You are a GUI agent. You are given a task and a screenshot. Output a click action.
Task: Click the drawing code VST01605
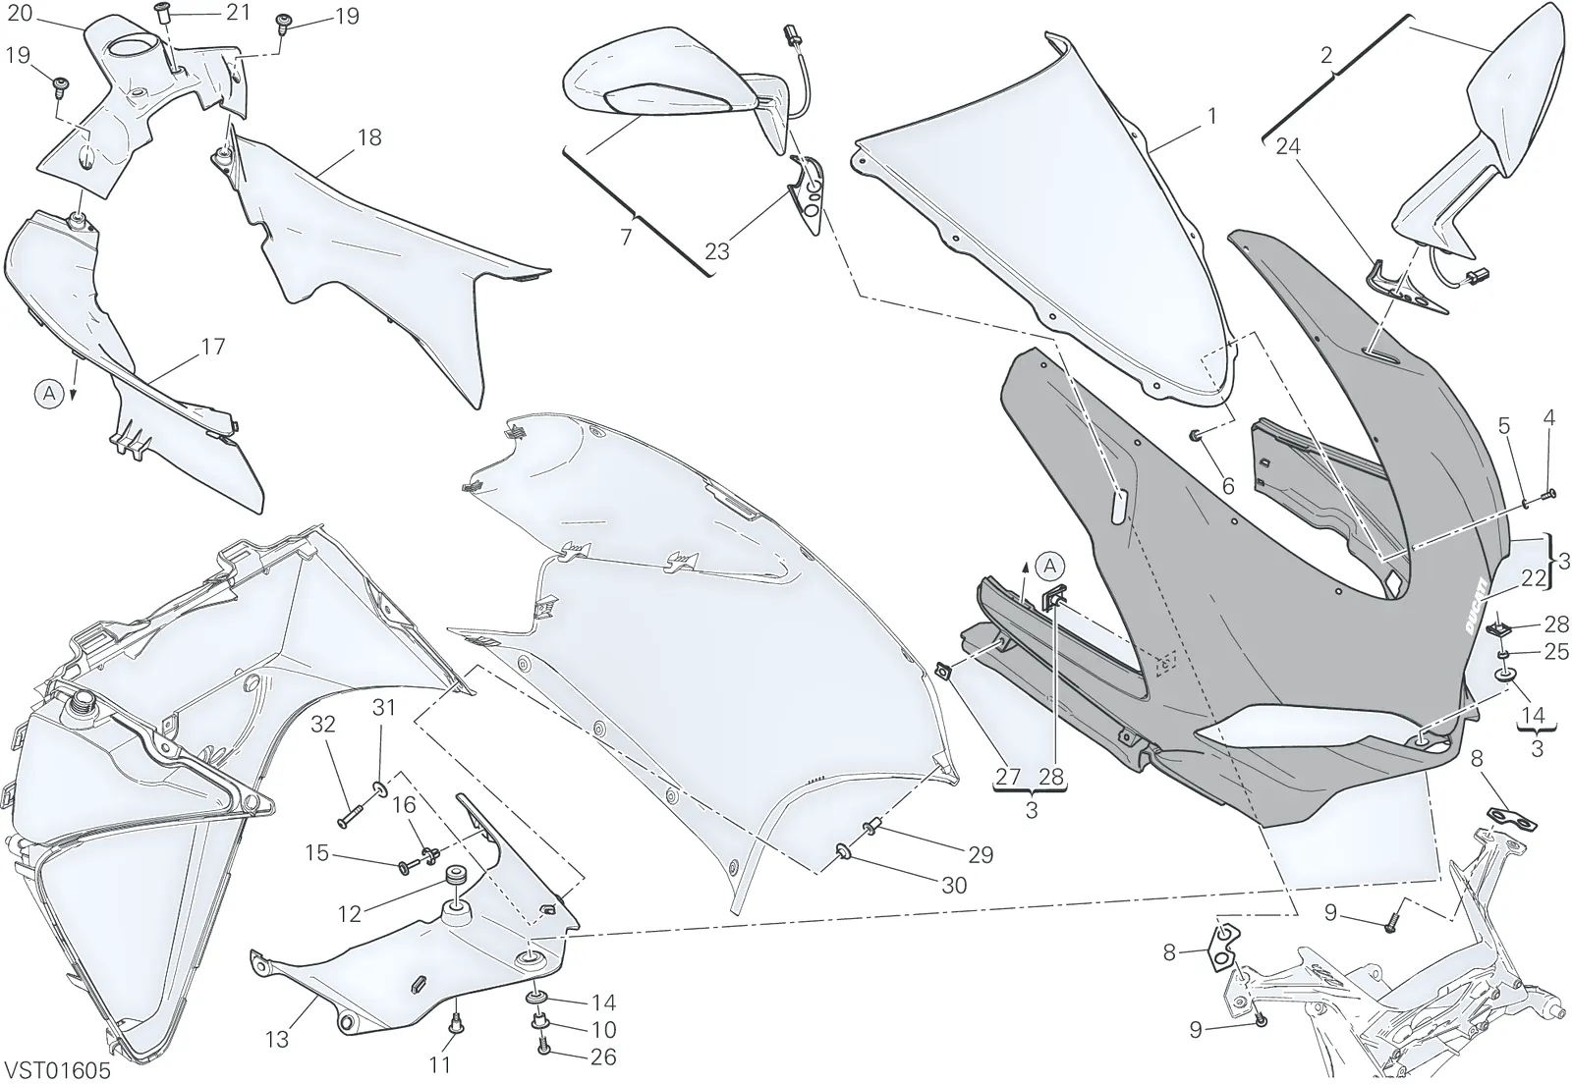(58, 1070)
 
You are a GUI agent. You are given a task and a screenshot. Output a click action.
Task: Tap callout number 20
(20, 13)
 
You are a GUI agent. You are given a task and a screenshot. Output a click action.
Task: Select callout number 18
(369, 137)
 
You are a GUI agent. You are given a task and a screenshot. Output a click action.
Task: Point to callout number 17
(212, 347)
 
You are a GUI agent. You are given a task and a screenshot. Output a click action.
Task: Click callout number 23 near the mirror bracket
(717, 251)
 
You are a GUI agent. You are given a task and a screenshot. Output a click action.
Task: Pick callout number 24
(1288, 146)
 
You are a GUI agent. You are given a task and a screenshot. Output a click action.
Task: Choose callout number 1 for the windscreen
(1211, 116)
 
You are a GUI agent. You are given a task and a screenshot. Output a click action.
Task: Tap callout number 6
(1228, 485)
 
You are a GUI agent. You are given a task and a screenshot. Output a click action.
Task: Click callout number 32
(323, 725)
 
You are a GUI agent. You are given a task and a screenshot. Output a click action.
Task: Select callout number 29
(981, 854)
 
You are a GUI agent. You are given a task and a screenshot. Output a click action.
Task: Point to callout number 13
(277, 1039)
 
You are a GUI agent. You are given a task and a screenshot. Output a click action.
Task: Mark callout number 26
(603, 1057)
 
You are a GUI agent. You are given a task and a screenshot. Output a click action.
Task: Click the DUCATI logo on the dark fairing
(1475, 617)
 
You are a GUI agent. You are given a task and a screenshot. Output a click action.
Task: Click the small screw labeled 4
(1547, 495)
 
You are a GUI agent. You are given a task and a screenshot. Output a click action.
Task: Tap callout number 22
(1534, 577)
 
